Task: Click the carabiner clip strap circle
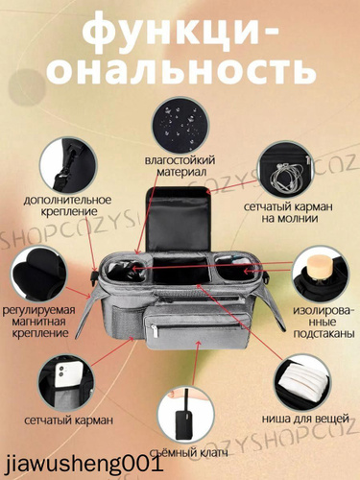(x=68, y=165)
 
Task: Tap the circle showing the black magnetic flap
(x=38, y=275)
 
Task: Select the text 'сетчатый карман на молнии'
(x=288, y=212)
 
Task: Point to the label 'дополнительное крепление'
(x=67, y=205)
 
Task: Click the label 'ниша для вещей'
(x=305, y=419)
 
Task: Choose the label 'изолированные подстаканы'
(x=324, y=322)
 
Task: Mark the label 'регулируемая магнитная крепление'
(x=38, y=322)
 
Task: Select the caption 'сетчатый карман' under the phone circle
(x=69, y=420)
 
